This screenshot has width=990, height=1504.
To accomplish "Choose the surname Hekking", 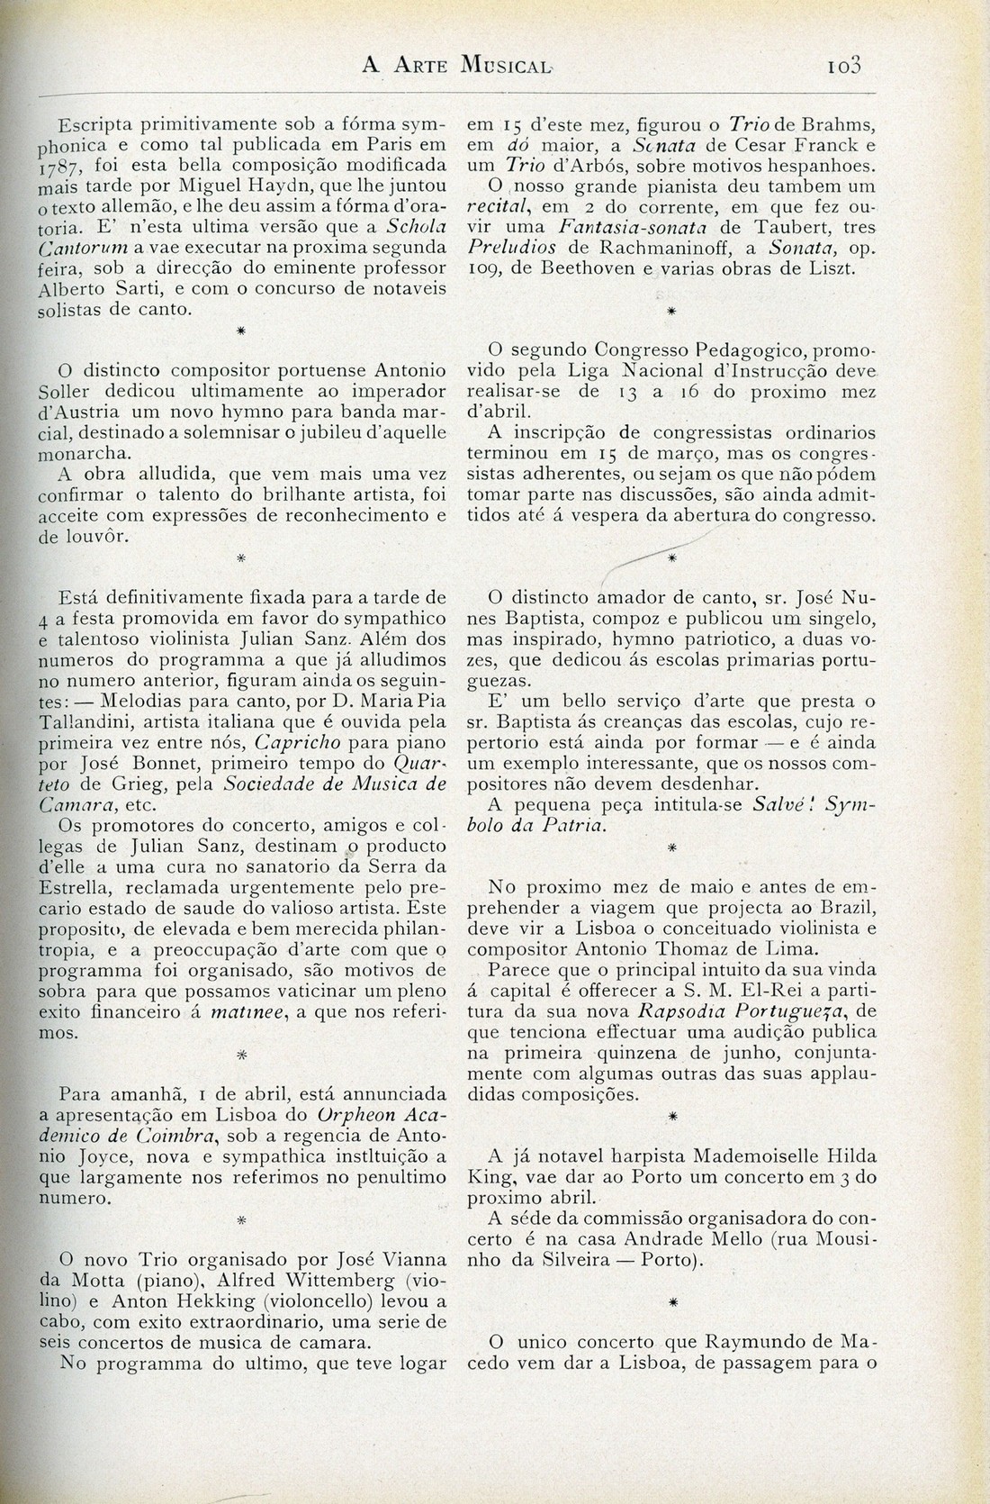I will pyautogui.click(x=194, y=1300).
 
